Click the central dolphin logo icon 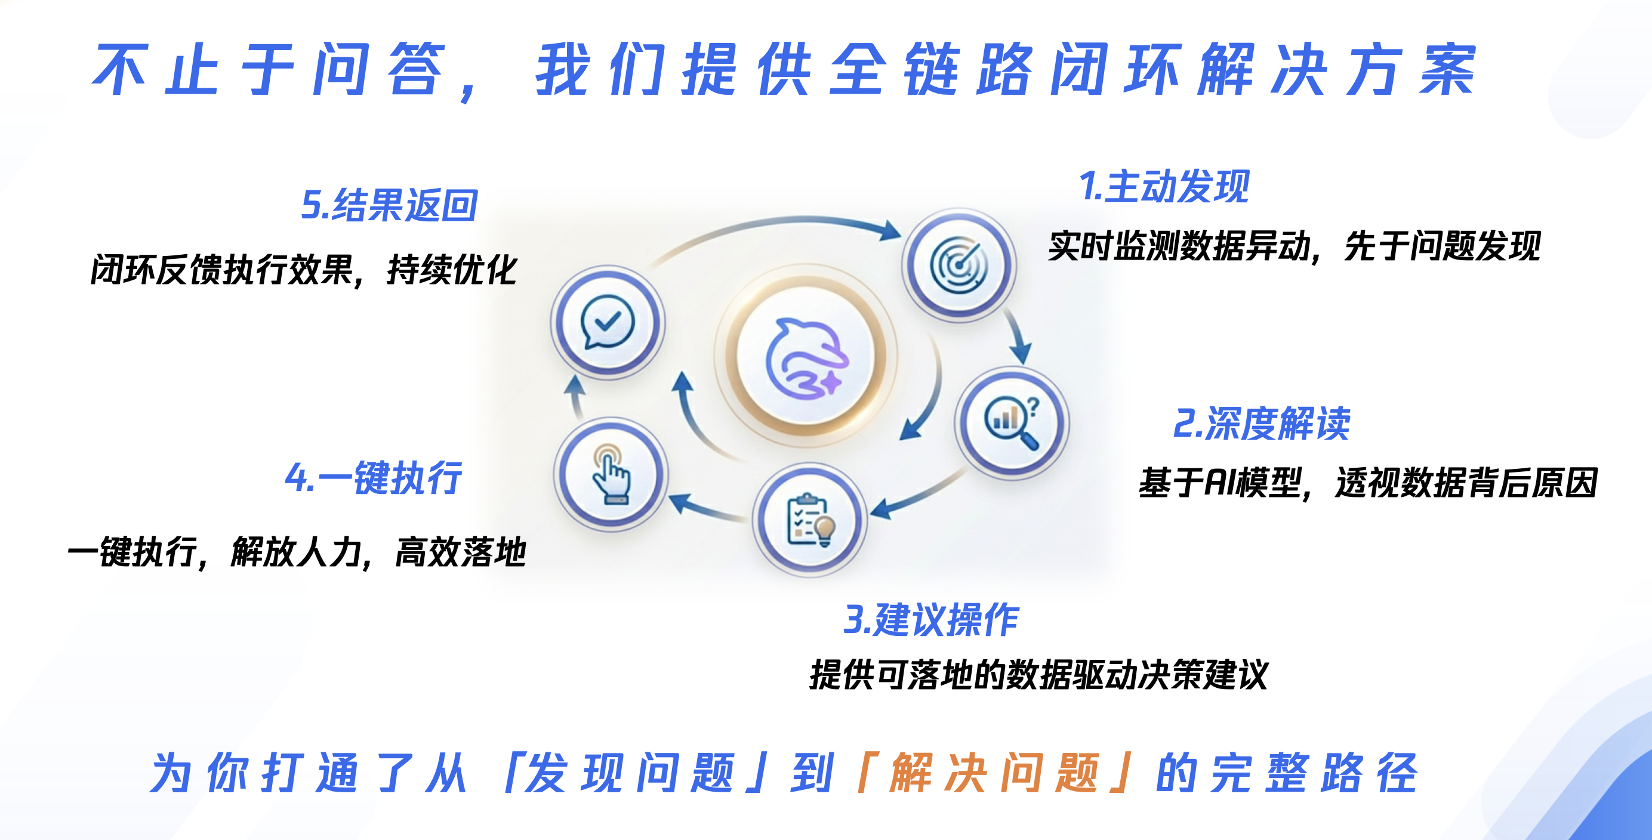coord(807,357)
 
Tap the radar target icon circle coord(958,264)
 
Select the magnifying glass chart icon coord(1012,422)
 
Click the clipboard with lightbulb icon coord(810,520)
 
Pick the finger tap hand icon coord(611,474)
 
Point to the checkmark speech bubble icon coord(608,322)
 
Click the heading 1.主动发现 coord(1164,187)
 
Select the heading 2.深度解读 coord(1262,424)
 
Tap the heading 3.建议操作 coord(931,620)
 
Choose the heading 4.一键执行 coord(373,478)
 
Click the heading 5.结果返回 coord(389,205)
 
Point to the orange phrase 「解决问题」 coord(995,773)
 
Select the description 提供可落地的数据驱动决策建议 coord(1039,675)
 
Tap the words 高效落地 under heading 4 coord(461,551)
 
